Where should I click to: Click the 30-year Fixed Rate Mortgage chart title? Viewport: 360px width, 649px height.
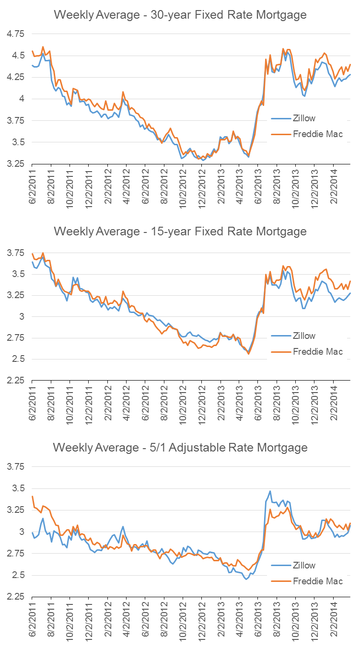[x=180, y=15]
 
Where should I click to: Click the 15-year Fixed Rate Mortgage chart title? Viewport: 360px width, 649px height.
[x=180, y=232]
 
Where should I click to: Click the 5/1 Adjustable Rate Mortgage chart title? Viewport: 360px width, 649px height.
[x=180, y=448]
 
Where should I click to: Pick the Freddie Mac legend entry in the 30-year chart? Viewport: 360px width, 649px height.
[x=317, y=134]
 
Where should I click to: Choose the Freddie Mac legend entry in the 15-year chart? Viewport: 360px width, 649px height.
[x=317, y=351]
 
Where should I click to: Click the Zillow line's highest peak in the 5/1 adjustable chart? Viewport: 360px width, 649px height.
[x=270, y=491]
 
